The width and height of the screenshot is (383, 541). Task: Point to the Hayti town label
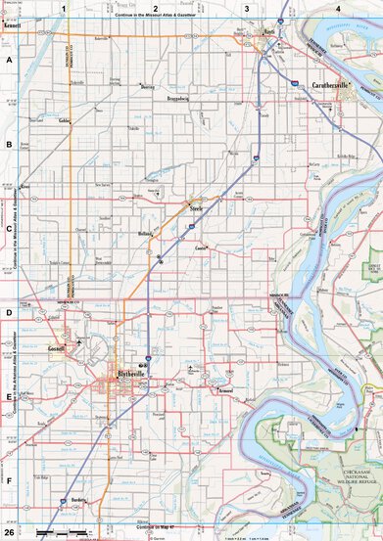[270, 30]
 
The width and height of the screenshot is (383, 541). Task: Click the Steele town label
[196, 207]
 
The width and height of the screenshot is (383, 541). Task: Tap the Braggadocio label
[170, 99]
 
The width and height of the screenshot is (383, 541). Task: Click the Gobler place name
[65, 121]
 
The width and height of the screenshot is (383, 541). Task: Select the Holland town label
[145, 235]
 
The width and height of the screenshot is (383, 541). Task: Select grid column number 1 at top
[65, 8]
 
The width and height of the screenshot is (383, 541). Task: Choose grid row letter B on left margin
[9, 144]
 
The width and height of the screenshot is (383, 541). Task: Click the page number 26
[9, 532]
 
